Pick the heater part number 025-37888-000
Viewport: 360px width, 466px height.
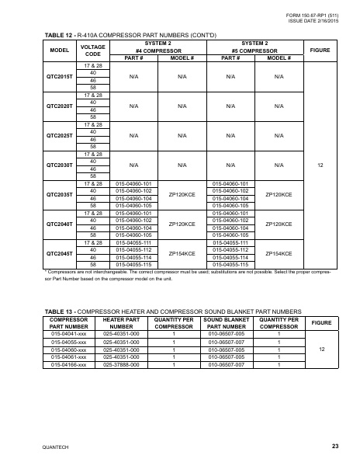[x=122, y=363]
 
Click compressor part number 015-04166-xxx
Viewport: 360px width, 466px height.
[x=70, y=363]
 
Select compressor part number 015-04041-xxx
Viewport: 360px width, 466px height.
[x=70, y=332]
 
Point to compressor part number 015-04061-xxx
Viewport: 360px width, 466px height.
[x=70, y=356]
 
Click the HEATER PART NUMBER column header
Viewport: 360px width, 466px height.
[x=122, y=322]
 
